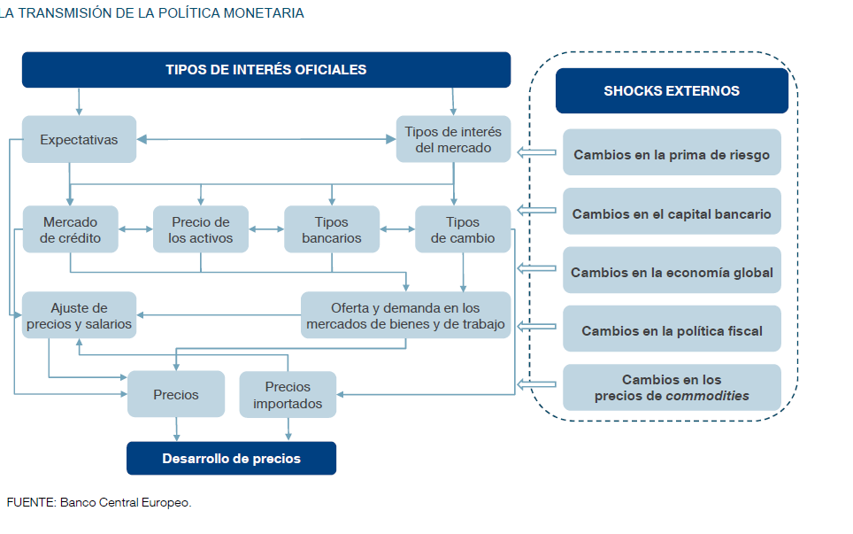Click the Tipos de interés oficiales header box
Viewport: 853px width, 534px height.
(x=265, y=70)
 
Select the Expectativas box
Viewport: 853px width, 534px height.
(x=79, y=140)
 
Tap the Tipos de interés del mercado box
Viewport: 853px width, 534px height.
(x=453, y=139)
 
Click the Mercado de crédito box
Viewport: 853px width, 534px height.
(x=70, y=230)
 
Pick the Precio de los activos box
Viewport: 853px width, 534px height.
(x=201, y=230)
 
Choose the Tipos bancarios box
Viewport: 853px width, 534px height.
(x=332, y=230)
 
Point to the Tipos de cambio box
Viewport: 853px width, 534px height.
(x=463, y=230)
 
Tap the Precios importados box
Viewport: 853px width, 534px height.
(x=288, y=395)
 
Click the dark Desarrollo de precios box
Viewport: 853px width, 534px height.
(x=231, y=459)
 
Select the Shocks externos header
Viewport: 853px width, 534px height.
(x=672, y=91)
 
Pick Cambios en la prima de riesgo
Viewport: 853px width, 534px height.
(x=672, y=154)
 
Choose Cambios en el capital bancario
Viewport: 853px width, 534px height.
(x=672, y=213)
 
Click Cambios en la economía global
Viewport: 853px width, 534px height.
(x=672, y=272)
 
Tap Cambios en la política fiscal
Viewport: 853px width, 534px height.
(x=672, y=330)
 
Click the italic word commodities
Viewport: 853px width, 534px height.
(x=707, y=396)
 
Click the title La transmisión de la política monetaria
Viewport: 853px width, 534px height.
(x=152, y=13)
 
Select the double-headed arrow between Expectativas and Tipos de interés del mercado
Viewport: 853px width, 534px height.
(x=265, y=139)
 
